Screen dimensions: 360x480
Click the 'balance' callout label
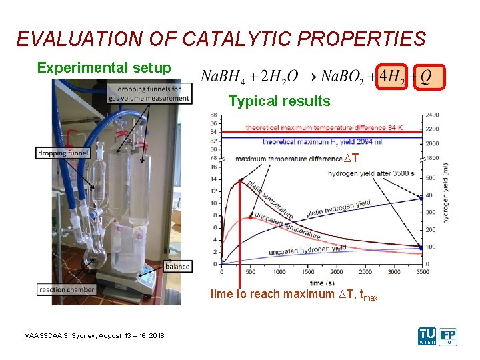pos(177,267)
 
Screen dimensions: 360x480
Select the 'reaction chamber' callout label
pos(67,289)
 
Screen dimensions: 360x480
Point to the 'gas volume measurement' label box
pos(149,93)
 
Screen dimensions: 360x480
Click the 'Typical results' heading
pos(279,101)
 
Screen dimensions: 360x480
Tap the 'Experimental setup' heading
pos(104,68)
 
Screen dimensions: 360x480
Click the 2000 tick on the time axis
pos(337,272)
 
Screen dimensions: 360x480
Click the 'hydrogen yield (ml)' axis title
pos(445,193)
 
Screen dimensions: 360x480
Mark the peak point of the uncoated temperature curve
pos(250,217)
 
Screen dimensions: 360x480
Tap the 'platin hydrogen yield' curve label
pos(338,207)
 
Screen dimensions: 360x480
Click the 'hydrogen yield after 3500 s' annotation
pos(371,173)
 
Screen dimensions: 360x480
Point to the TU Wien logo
pos(427,336)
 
